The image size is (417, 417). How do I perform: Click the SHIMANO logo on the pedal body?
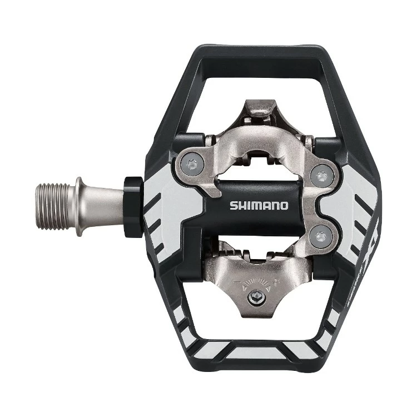click(259, 205)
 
